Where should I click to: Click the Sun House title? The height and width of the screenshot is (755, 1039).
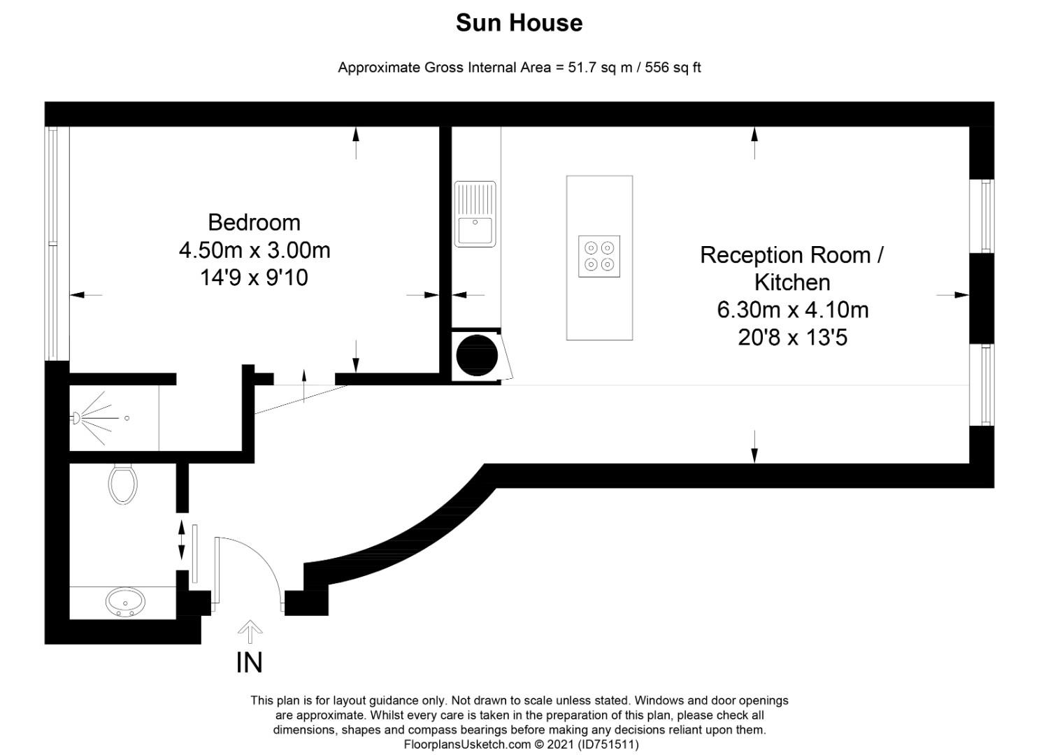coord(519,23)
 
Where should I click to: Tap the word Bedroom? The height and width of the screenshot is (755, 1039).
coord(254,222)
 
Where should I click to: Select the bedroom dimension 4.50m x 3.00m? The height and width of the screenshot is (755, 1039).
coord(254,250)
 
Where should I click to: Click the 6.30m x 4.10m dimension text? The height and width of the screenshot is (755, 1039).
coord(792,310)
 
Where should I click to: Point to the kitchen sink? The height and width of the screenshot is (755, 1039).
coord(475,215)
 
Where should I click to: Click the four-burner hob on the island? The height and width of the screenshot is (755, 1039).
coord(599,257)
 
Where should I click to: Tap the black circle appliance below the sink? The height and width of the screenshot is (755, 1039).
coord(476,355)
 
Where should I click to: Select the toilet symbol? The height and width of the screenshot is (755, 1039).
coord(123,482)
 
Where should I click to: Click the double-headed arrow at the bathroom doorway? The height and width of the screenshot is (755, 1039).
coord(182,540)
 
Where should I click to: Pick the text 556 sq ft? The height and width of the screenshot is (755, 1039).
coord(672,68)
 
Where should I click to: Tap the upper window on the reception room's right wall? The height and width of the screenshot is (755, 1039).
coord(986,216)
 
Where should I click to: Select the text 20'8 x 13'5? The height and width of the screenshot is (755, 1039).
coord(792,338)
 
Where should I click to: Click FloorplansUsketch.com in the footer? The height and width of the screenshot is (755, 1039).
coord(467,745)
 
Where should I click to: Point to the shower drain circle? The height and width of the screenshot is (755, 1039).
coord(127,418)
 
